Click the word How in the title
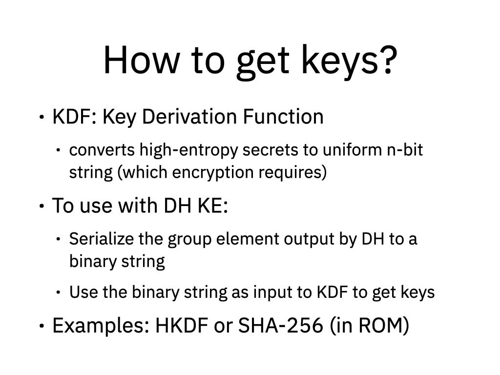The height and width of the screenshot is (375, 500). (142, 60)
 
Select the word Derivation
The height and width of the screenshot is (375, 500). (189, 116)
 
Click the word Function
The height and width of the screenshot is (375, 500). (283, 116)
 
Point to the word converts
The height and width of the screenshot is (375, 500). (102, 150)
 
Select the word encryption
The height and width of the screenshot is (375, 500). (213, 172)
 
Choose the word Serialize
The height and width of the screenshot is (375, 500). (102, 239)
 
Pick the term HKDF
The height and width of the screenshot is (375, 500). (182, 325)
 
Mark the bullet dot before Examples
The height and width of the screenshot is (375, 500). (42, 326)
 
